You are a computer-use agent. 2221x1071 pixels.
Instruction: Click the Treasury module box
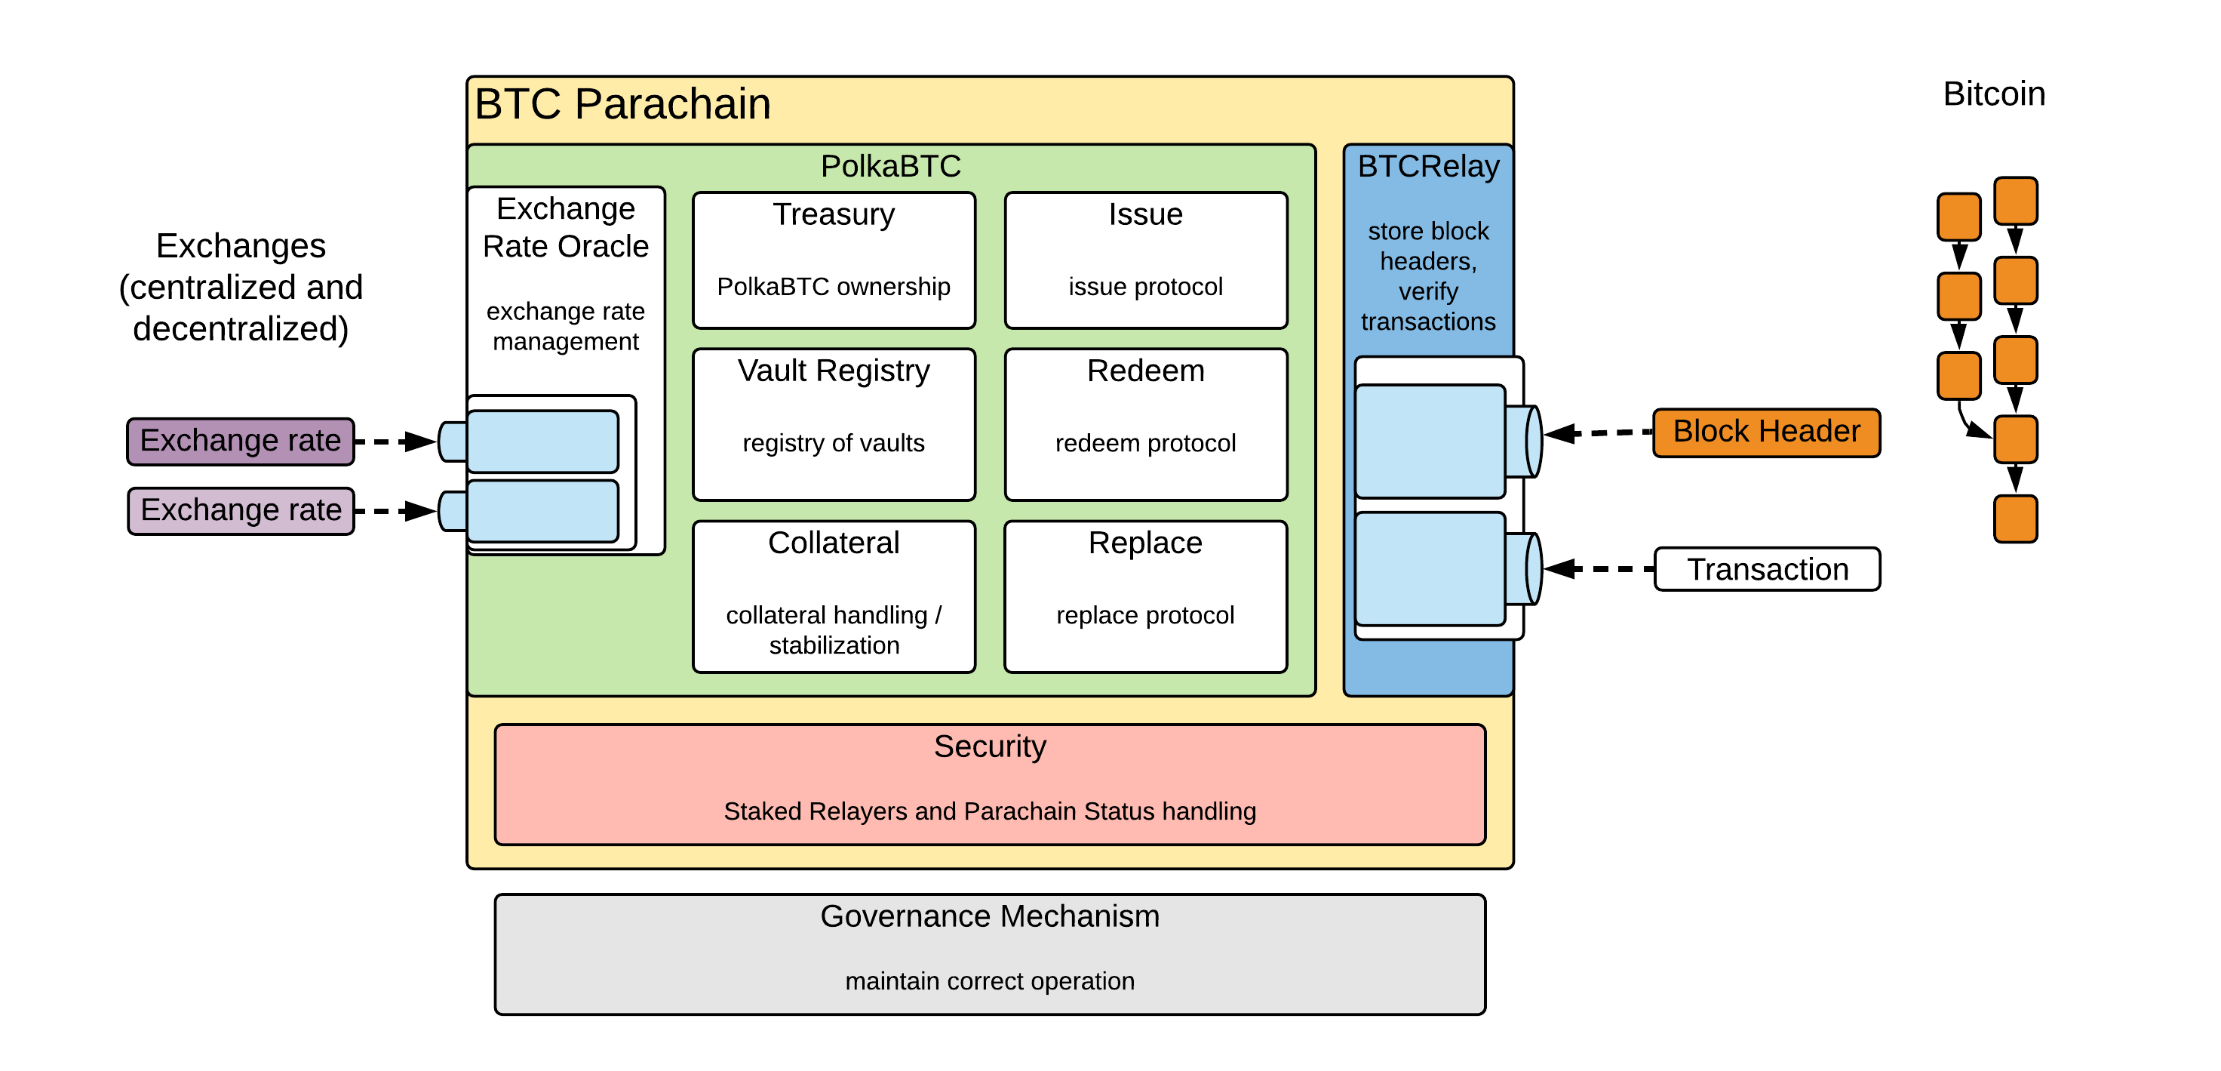834,260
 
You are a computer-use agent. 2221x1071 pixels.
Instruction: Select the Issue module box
1145,260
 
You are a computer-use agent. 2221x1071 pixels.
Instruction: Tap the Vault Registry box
834,423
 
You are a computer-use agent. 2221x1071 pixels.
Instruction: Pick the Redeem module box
1145,423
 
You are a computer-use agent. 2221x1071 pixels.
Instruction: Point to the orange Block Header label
1766,432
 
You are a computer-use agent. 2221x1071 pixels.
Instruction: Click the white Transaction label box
1767,569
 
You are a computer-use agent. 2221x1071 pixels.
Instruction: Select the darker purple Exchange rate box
241,442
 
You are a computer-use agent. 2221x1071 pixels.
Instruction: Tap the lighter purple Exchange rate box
241,510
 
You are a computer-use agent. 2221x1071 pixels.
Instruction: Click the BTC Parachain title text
622,104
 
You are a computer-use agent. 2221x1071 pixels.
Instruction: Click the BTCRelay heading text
1428,165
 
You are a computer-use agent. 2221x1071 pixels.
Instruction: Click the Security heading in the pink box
989,746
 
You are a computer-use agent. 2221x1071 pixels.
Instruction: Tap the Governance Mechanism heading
989,916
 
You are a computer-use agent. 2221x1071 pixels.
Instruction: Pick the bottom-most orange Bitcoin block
2015,519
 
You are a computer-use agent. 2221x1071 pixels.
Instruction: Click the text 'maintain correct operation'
989,981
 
